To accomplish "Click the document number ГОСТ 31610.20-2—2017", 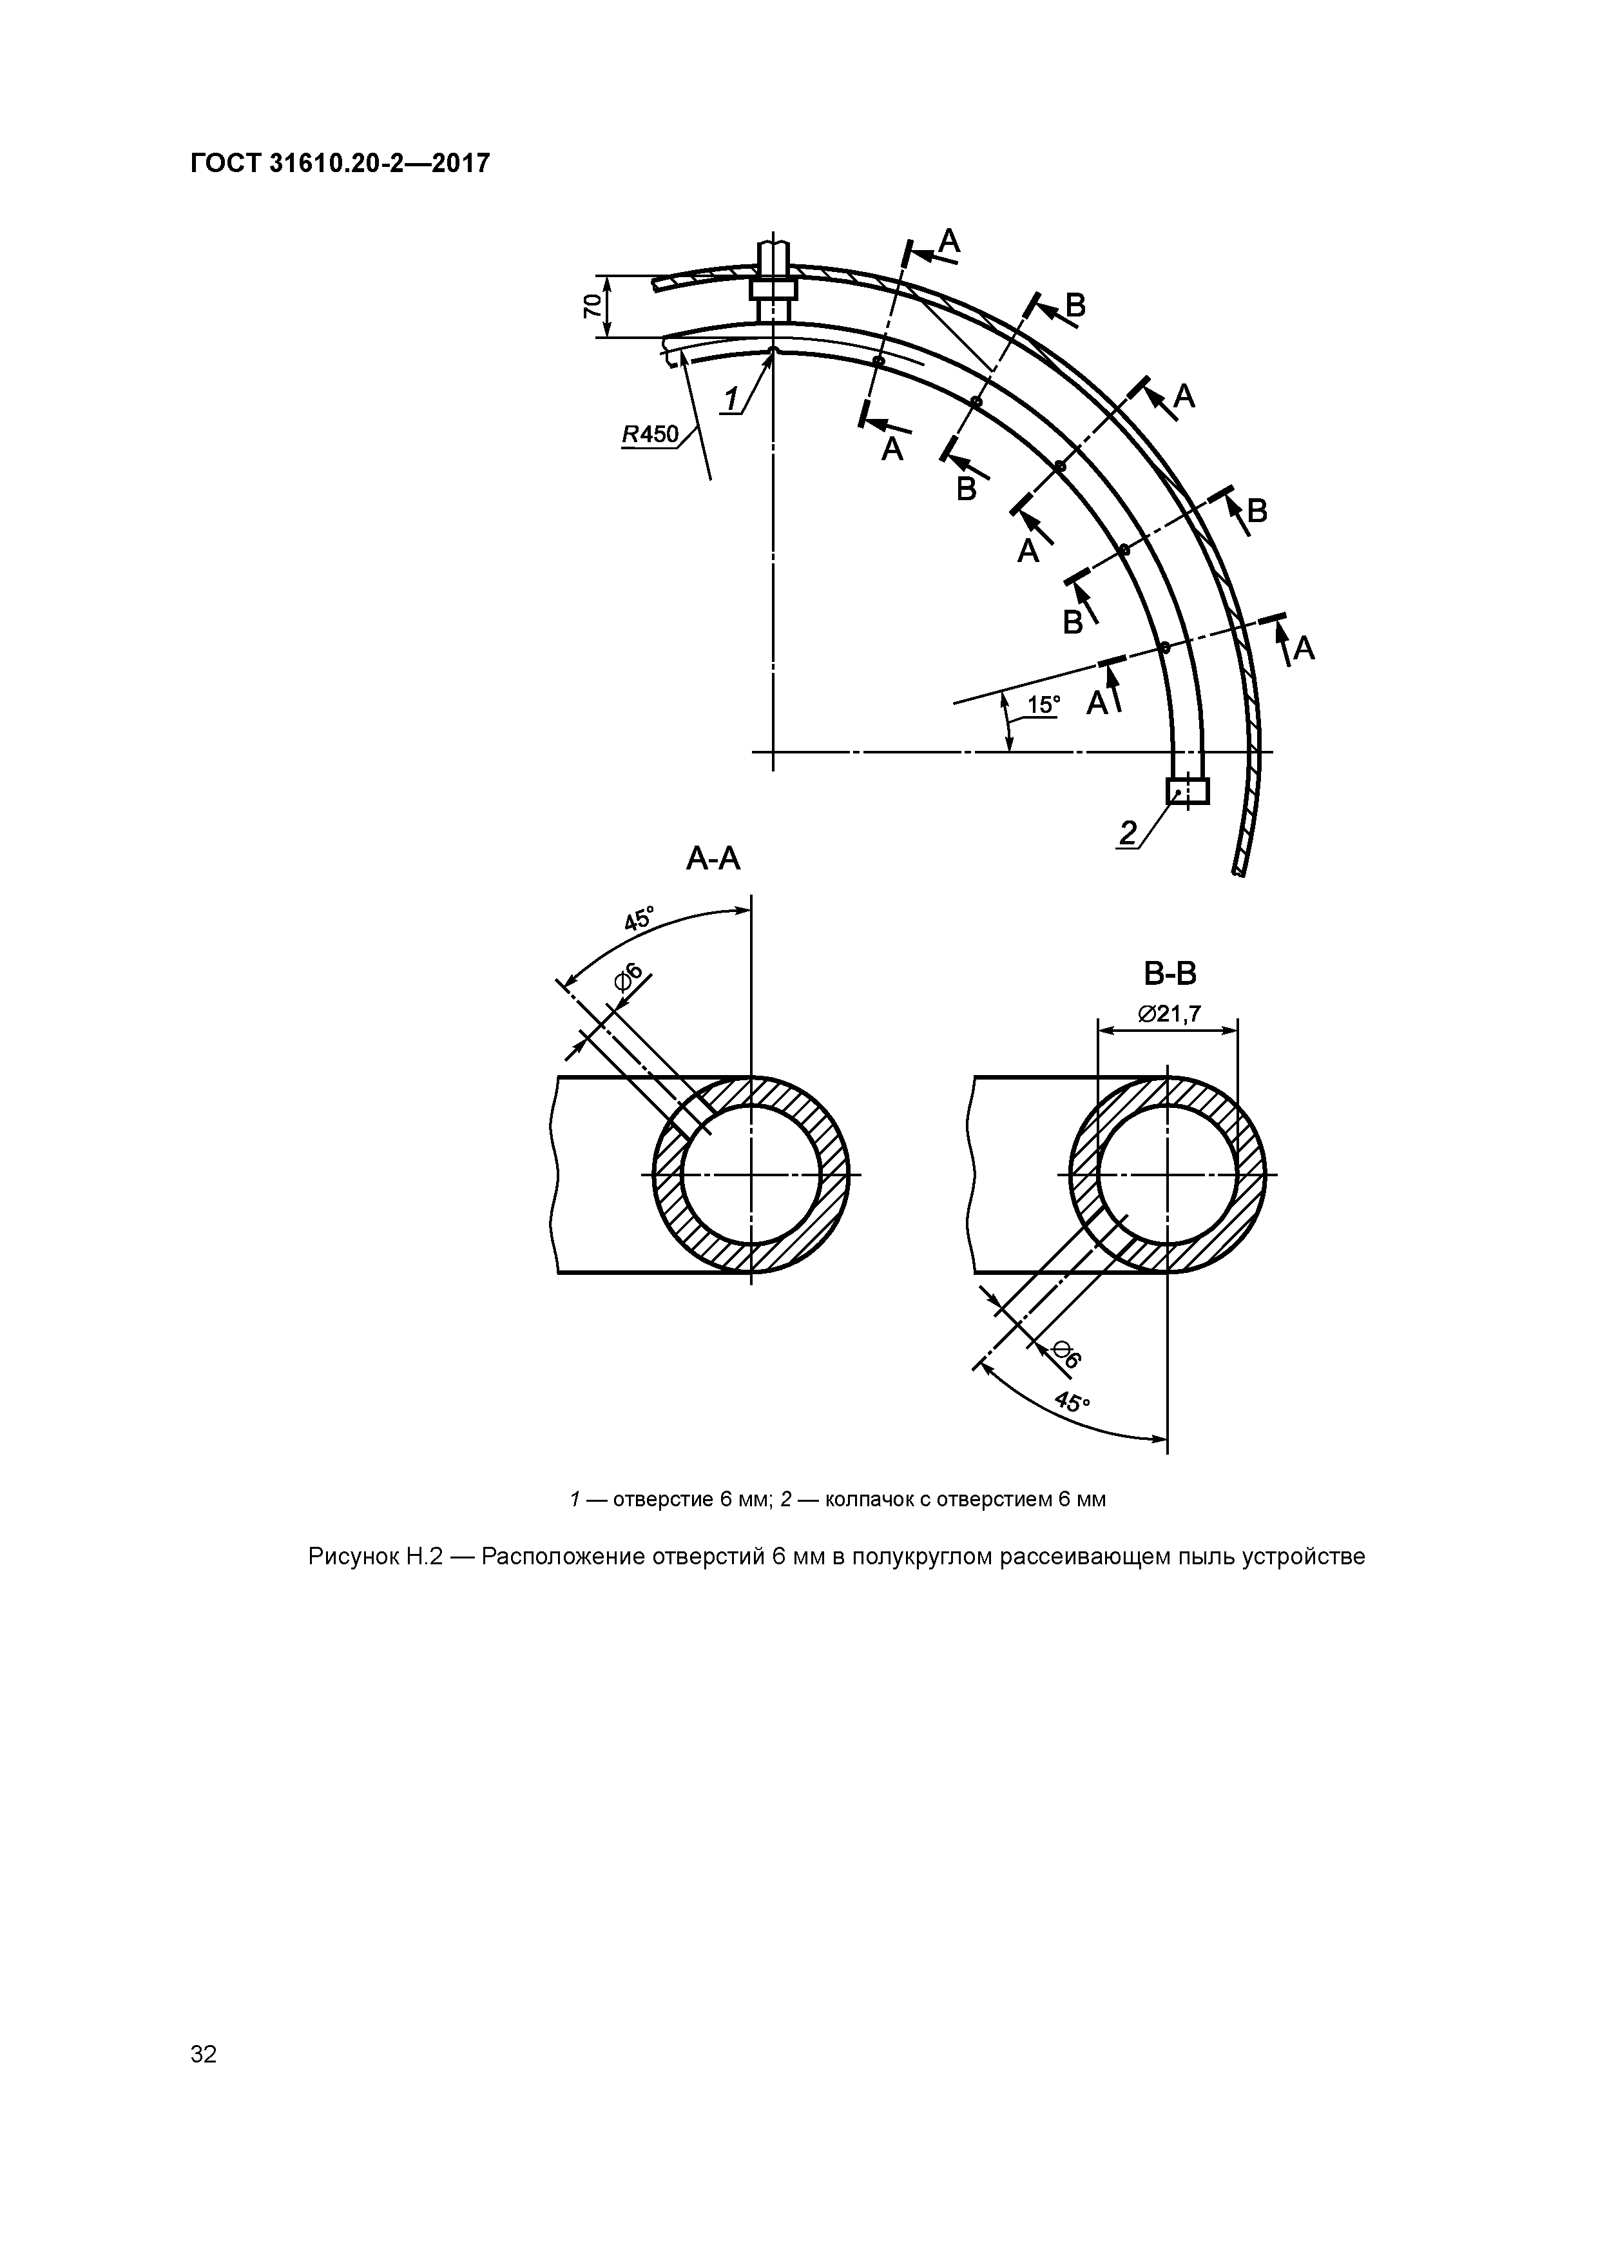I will [x=340, y=164].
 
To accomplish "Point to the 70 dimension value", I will [x=592, y=306].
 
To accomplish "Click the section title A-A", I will [x=713, y=860].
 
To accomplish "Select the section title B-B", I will [x=1170, y=974].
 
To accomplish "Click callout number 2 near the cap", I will [x=1126, y=833].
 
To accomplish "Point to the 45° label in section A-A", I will [x=638, y=920].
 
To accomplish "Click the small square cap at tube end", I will [x=1188, y=791].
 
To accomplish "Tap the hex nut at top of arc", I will [x=773, y=289].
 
